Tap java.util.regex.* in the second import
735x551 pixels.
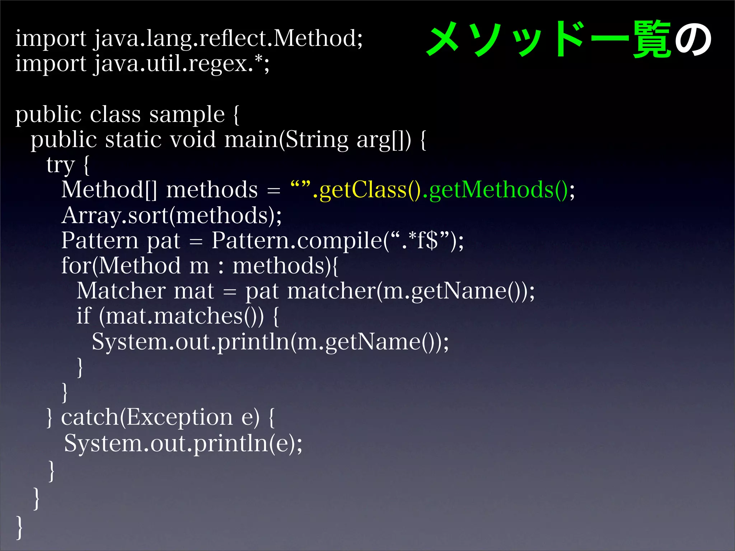tap(179, 63)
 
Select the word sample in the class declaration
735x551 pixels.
tap(187, 115)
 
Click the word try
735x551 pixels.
tap(60, 165)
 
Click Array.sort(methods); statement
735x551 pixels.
tap(172, 215)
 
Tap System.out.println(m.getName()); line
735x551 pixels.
tap(270, 342)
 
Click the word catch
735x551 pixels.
tap(90, 417)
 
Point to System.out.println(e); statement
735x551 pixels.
tap(183, 443)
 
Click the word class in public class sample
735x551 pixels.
tap(115, 115)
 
